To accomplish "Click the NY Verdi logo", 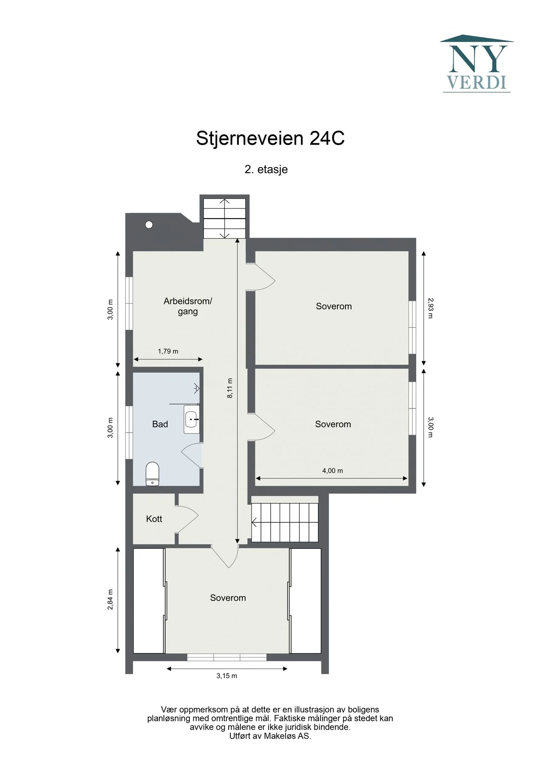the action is pos(477,64).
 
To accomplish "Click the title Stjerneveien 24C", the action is pos(270,139).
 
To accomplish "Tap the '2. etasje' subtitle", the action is pos(266,169).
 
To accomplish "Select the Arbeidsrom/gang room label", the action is pos(188,306).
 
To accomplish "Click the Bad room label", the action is pos(160,424).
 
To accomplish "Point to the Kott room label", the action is pos(154,519).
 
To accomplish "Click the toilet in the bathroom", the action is pos(152,474).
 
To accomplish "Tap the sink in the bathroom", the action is pos(192,419).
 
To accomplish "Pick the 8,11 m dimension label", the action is pos(230,388).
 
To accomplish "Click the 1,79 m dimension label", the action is pos(168,351).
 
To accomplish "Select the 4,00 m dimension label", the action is pos(332,471).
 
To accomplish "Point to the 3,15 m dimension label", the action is pos(227,676).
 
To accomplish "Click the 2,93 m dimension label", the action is pos(430,308).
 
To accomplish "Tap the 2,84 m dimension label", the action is pos(110,600).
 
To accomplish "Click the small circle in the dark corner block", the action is pos(149,225).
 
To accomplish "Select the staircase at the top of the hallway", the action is pos(224,218).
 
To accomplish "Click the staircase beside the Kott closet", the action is pos(285,522).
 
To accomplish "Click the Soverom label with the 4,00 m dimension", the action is pos(333,424).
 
